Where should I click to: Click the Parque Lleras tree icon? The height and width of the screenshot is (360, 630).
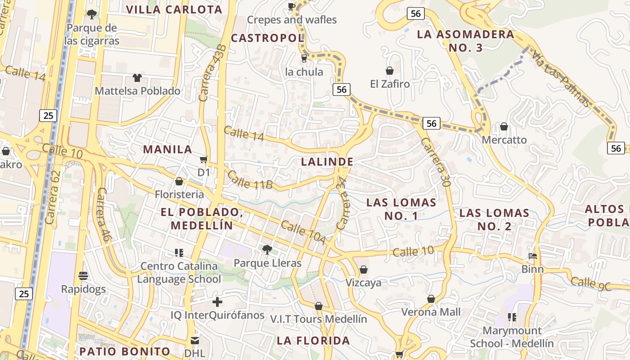tap(267, 249)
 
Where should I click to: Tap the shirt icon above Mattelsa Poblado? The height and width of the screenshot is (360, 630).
tap(137, 78)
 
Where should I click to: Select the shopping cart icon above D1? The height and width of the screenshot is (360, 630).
tap(204, 159)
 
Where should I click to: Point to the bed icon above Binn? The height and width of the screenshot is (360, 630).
tap(533, 256)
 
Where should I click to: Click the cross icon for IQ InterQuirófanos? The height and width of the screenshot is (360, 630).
tap(217, 302)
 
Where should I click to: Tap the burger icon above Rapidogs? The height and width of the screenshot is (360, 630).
tap(83, 275)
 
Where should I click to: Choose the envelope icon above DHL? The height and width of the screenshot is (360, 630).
tap(195, 340)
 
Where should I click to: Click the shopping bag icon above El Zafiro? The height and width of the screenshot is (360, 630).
tap(390, 71)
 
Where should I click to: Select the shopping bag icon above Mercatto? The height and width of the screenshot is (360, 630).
tap(504, 126)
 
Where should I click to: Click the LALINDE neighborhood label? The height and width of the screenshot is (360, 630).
tap(327, 162)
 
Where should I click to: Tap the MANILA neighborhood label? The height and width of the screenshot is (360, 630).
tap(167, 149)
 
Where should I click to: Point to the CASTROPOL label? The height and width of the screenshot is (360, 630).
tap(268, 38)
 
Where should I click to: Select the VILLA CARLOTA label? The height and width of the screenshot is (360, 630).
tap(174, 9)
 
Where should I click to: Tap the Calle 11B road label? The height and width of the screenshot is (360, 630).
tap(250, 179)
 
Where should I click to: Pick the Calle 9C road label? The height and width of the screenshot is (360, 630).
tap(591, 283)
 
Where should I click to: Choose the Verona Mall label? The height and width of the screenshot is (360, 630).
tap(431, 312)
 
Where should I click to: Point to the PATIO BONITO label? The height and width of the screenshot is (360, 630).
tap(125, 351)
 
